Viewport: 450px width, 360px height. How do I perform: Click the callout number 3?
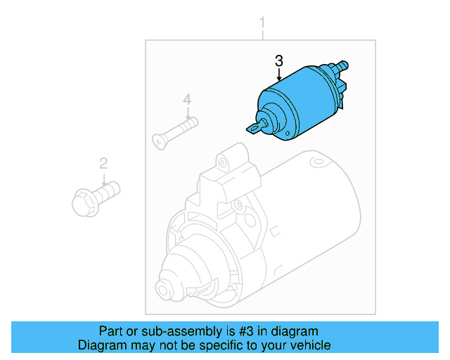point(279,60)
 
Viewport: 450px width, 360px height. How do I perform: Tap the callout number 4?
point(187,101)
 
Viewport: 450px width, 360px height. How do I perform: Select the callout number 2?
point(103,164)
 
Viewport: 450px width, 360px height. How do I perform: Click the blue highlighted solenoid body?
point(295,102)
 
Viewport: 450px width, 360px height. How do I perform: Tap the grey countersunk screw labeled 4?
point(176,132)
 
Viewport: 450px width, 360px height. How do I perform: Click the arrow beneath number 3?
point(279,76)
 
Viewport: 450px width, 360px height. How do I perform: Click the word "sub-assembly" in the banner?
point(161,331)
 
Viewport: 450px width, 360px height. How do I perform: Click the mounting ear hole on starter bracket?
point(224,163)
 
